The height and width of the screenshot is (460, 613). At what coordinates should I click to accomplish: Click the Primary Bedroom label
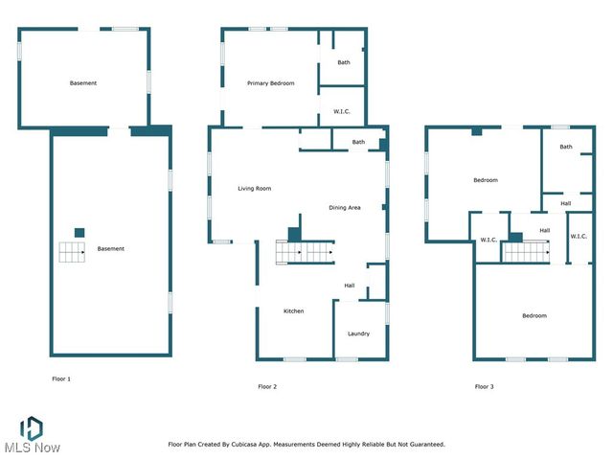click(270, 83)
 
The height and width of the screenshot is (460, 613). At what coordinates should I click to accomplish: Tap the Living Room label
click(255, 189)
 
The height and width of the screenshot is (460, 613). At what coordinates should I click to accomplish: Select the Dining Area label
click(345, 208)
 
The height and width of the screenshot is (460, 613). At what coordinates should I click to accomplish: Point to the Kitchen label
click(293, 311)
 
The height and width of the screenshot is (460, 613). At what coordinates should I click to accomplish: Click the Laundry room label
click(359, 333)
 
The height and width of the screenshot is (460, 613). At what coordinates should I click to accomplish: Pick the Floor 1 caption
click(61, 379)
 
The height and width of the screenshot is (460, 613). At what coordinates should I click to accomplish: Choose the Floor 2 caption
click(267, 386)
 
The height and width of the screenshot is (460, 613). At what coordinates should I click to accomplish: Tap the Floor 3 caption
click(485, 386)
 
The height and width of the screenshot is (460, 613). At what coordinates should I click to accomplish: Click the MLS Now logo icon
click(32, 427)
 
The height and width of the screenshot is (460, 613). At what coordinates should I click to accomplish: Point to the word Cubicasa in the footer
click(269, 444)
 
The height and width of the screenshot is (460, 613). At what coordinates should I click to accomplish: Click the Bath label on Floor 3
click(566, 147)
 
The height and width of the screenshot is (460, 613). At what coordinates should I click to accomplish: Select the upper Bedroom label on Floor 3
click(486, 180)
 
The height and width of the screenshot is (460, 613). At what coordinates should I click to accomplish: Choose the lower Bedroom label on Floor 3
click(534, 316)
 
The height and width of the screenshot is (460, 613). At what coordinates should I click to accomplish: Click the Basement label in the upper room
click(83, 83)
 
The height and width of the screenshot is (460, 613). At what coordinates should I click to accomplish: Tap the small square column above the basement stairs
click(79, 232)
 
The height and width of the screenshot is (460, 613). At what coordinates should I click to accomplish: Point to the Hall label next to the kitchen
click(350, 285)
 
